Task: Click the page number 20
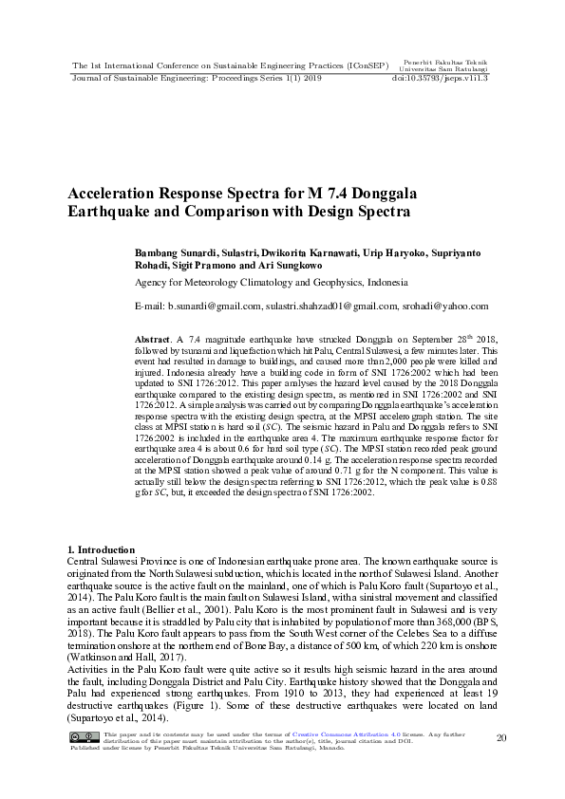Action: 500,737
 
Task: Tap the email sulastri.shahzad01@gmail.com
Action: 331,307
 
